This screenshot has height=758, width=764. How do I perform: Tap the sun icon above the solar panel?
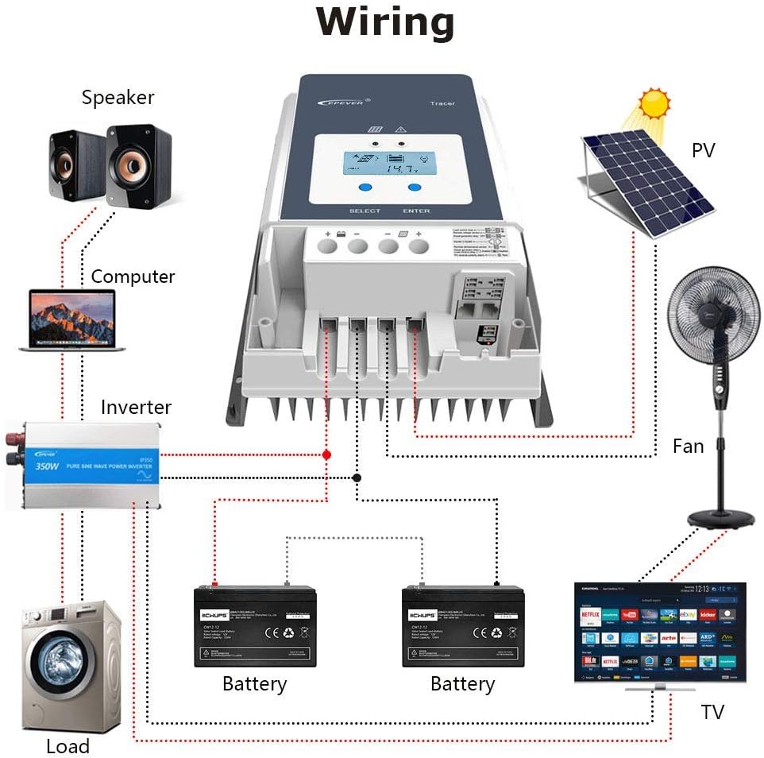click(x=654, y=103)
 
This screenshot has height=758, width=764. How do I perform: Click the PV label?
click(x=704, y=149)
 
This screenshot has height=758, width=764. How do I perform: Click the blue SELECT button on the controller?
click(x=365, y=188)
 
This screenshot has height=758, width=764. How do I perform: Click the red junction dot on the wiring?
click(x=326, y=454)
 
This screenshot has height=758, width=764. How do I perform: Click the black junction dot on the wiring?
click(x=357, y=478)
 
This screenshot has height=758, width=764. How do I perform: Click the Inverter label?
click(x=136, y=408)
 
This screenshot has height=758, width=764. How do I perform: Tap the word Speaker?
click(x=118, y=98)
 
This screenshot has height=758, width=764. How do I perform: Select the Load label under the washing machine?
click(x=68, y=746)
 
